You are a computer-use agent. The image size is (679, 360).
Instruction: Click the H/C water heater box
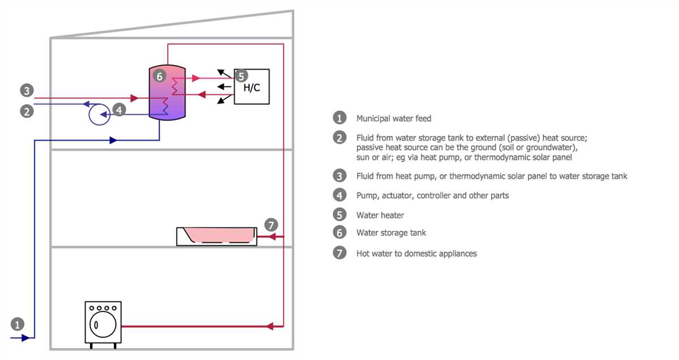(x=252, y=87)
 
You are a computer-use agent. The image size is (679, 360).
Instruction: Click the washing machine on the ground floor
(x=103, y=323)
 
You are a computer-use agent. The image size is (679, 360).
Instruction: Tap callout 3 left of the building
(x=27, y=90)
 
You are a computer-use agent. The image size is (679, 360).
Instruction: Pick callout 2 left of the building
(x=27, y=111)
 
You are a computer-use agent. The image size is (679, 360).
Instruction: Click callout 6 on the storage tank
(x=160, y=76)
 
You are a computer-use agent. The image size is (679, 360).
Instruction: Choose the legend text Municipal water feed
(x=393, y=118)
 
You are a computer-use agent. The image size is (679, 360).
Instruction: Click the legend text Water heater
(x=380, y=215)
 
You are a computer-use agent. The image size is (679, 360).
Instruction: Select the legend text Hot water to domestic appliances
(x=416, y=254)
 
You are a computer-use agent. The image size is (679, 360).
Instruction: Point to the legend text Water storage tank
(x=391, y=233)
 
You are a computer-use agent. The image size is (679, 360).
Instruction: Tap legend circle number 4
(x=339, y=195)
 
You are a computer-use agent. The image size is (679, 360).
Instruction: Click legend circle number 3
(x=339, y=176)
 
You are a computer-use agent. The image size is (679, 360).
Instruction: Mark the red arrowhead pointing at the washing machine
(x=271, y=326)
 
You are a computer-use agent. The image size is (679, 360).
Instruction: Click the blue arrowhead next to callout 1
(x=25, y=338)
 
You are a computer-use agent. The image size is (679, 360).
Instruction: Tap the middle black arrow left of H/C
(x=224, y=87)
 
